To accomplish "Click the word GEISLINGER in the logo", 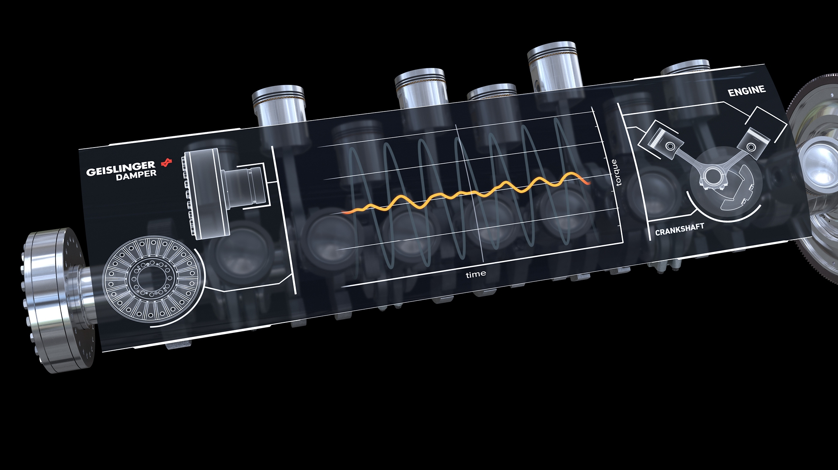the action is tap(121, 168).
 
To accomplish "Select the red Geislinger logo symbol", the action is tap(167, 163).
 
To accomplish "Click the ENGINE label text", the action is tap(747, 91).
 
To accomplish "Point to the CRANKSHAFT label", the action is tap(679, 230).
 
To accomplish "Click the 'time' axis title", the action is tap(476, 274).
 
